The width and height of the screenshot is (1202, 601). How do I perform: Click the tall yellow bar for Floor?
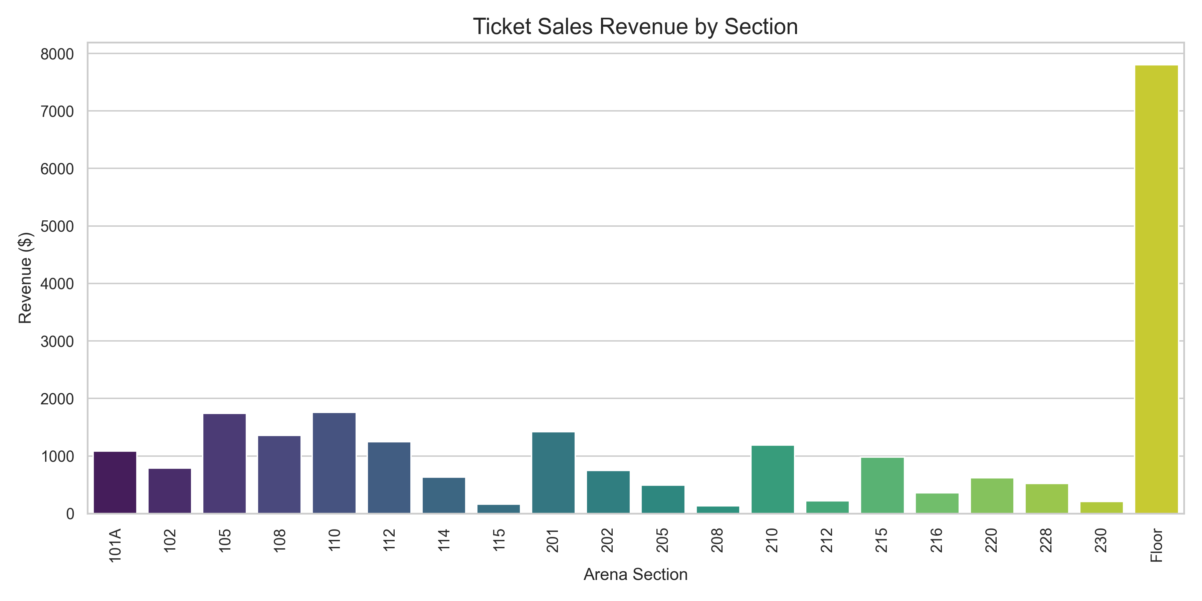[1156, 289]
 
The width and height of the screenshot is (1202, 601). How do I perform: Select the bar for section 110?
[334, 463]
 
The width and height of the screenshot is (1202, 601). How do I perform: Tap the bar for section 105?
[224, 463]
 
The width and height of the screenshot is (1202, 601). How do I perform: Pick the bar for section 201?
[553, 473]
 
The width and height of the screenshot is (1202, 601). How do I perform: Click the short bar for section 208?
[718, 510]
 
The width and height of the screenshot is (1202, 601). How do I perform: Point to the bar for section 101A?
[115, 482]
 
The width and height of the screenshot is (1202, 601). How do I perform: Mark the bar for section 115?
[498, 509]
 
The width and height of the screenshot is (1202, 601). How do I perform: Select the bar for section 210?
[773, 479]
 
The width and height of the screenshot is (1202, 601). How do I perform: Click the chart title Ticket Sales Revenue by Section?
[635, 27]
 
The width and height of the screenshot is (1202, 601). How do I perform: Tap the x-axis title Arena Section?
[635, 574]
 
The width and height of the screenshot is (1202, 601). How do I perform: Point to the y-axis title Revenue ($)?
[25, 278]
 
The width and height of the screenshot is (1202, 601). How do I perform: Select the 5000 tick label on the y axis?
[57, 226]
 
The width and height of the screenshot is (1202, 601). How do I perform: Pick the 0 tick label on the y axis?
[70, 514]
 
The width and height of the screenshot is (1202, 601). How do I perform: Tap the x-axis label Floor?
[1156, 545]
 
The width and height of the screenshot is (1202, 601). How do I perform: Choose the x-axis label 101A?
[115, 545]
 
